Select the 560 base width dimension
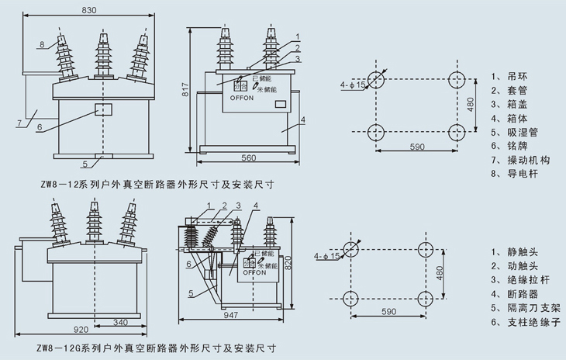click(249, 158)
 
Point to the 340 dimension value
click(120, 320)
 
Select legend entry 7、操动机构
click(521, 161)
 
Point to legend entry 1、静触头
click(515, 251)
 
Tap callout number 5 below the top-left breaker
click(84, 164)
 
